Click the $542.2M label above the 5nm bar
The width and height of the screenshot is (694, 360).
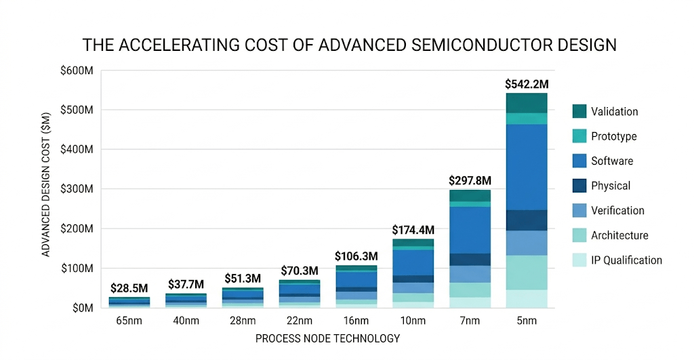(x=527, y=84)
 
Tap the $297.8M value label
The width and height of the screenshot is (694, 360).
(x=470, y=181)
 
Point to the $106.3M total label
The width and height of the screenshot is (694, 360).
(x=356, y=256)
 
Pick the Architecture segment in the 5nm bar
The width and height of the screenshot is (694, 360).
(x=527, y=272)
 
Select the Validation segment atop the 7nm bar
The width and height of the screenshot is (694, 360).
(x=470, y=195)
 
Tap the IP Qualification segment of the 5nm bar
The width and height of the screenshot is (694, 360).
(x=527, y=298)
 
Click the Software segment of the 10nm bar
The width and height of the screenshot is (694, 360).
(x=413, y=262)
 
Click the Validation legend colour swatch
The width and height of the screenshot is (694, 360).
(x=579, y=111)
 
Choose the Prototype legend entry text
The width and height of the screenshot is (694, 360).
(x=613, y=136)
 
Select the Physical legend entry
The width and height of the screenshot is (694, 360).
(x=610, y=186)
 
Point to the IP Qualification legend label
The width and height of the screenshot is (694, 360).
(x=626, y=260)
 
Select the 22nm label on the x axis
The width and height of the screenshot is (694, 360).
(x=300, y=321)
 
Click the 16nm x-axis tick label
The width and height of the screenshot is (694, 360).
(x=356, y=321)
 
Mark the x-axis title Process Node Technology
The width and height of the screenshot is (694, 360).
(x=327, y=338)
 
